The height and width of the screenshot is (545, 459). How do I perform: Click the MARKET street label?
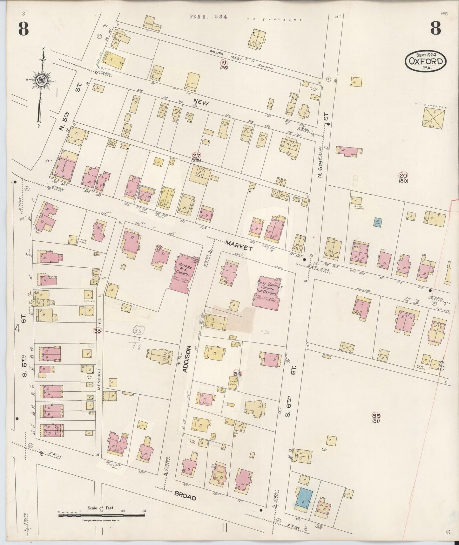239,246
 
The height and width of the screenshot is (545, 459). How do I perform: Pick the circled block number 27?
195,155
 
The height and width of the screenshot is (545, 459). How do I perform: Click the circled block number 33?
97,331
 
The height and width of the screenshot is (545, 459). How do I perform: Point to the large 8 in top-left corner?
23,30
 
